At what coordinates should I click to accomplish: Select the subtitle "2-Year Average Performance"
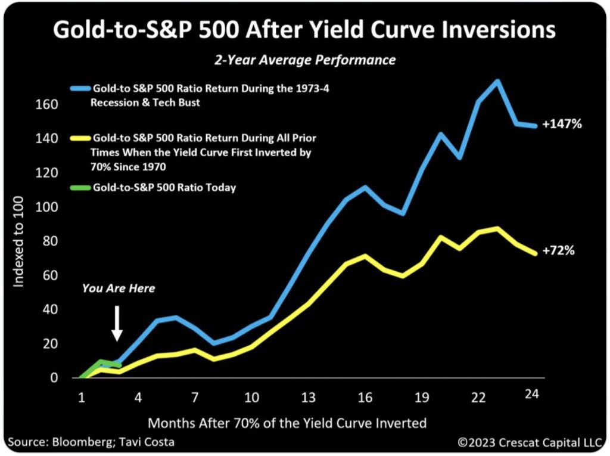(x=304, y=60)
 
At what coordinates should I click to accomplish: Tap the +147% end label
(x=562, y=125)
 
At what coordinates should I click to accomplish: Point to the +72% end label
(x=558, y=251)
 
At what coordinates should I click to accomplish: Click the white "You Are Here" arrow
(x=117, y=322)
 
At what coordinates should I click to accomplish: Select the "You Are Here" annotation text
(x=119, y=289)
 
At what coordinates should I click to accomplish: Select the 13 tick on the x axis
(x=308, y=397)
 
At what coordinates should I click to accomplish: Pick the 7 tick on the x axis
(x=194, y=397)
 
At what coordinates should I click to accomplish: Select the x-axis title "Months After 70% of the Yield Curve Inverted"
(x=287, y=423)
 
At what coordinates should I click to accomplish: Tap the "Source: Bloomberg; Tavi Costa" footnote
(x=92, y=443)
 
